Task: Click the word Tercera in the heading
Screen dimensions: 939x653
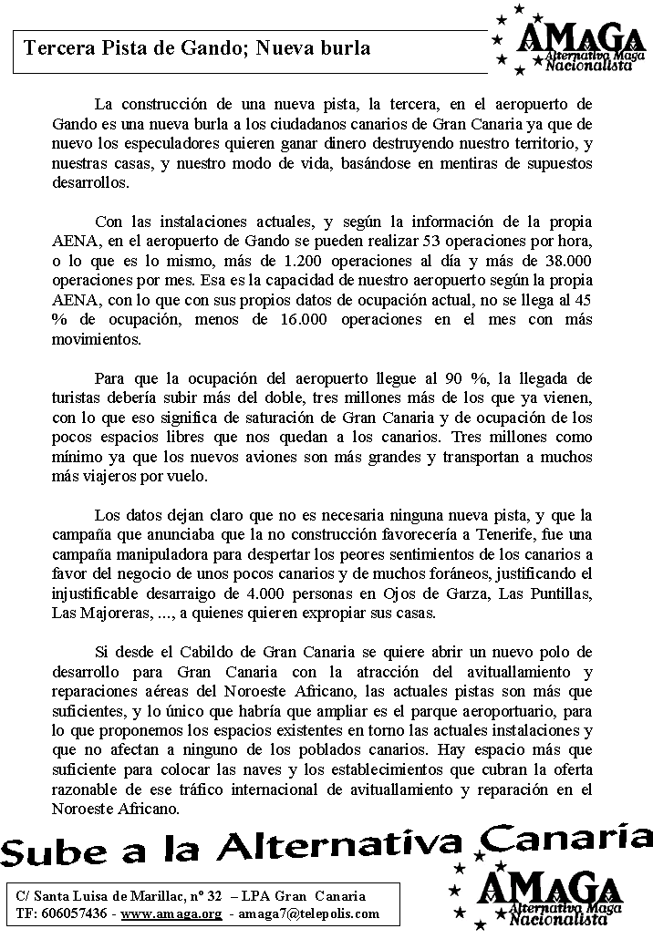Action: coord(57,47)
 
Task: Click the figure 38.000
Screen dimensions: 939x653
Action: coord(566,262)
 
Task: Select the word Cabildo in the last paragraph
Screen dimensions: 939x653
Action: coord(202,653)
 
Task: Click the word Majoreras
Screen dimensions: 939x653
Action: coord(107,614)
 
